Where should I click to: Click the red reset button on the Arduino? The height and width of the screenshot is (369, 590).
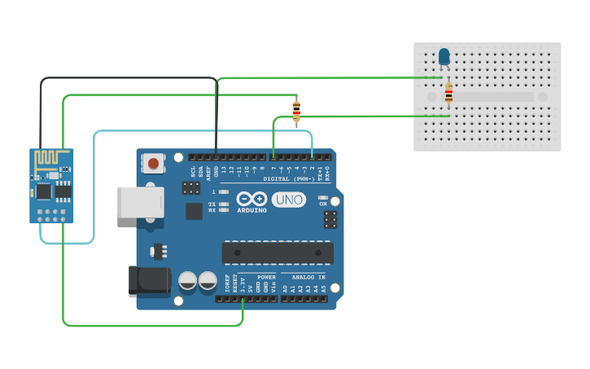pos(152,164)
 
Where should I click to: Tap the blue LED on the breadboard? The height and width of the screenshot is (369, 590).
pos(444,56)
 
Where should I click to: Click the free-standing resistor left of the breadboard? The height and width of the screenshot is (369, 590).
pos(296,110)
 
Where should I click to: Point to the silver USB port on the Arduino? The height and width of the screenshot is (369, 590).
pos(140,202)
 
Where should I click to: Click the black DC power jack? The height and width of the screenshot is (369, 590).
pos(148,281)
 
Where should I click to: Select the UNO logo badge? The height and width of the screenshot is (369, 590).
pos(289,200)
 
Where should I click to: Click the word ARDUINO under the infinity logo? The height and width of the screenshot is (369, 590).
pos(252,210)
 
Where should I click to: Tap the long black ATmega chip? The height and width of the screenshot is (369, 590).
pos(278,253)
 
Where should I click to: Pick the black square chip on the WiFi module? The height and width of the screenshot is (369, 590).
pos(42,191)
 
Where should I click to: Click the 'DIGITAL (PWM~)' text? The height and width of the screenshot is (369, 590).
pos(289,178)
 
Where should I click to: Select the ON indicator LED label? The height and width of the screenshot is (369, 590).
pos(323,204)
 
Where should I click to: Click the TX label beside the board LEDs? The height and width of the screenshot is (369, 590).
pos(212,204)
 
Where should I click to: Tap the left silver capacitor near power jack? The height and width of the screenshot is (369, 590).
pos(188,281)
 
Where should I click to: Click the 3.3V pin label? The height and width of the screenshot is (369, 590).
pos(243,286)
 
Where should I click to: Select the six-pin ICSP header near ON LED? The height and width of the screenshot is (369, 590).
pos(330,219)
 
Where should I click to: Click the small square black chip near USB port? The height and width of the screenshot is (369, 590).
pos(194,211)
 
